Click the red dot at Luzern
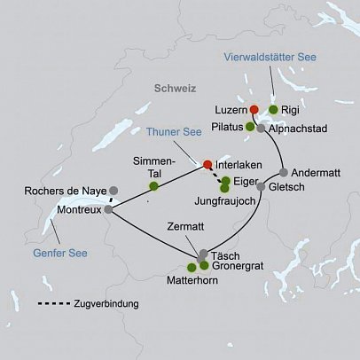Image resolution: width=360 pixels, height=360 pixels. click(x=254, y=109)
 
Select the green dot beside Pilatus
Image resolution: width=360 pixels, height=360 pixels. click(x=250, y=128)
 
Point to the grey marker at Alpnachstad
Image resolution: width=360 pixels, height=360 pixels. click(x=262, y=129)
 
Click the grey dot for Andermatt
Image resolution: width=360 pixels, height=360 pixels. click(x=283, y=172)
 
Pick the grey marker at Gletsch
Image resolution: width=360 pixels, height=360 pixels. click(x=262, y=187)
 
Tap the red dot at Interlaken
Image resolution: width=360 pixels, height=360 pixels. click(x=207, y=164)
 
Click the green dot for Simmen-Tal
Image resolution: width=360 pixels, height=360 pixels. click(x=154, y=186)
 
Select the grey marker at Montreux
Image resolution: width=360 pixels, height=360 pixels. click(x=107, y=210)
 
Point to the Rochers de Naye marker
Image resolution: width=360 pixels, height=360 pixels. click(x=113, y=190)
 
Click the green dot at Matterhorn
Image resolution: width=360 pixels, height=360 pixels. click(x=192, y=267)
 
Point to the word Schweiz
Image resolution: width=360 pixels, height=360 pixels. click(x=176, y=90)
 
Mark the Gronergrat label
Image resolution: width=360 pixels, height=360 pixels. click(x=239, y=265)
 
